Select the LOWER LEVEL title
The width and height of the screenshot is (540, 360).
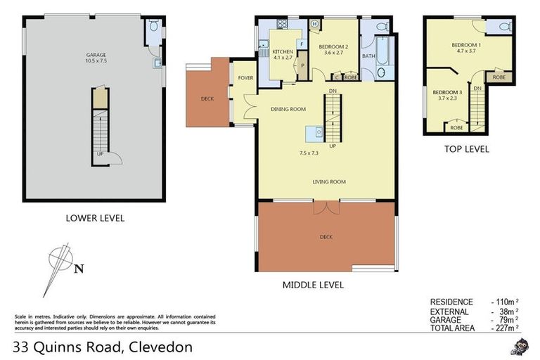coord(95,218)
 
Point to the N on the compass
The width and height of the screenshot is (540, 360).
coord(79,267)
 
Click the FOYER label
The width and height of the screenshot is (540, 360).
coord(245,77)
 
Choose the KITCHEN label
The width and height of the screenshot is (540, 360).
coord(283,52)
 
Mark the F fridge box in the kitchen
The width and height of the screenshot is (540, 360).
coord(301,44)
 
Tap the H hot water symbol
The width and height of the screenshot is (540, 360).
coord(314,25)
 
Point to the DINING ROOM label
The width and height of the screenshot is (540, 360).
coord(288,109)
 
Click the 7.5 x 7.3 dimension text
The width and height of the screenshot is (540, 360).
coord(309,153)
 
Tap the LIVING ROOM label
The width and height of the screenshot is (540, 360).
coord(329,182)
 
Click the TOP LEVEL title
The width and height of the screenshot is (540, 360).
coord(466,149)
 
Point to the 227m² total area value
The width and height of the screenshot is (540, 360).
coord(505,328)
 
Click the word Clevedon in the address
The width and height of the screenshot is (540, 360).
coord(159,347)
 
